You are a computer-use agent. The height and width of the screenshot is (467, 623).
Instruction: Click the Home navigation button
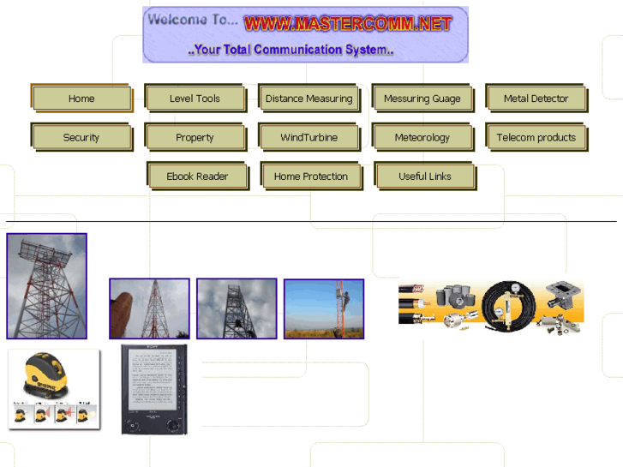click(81, 99)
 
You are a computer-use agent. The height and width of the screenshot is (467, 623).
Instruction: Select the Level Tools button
click(195, 99)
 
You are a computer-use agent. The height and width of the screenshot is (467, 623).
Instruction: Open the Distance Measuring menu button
click(309, 99)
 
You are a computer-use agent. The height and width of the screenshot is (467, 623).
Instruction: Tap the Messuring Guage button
click(422, 99)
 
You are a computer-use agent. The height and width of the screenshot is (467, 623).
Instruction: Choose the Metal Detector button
click(536, 99)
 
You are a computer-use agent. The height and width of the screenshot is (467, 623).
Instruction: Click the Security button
click(81, 137)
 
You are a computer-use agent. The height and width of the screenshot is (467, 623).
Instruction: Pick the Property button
click(195, 137)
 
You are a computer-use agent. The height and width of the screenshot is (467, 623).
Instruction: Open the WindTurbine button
click(309, 137)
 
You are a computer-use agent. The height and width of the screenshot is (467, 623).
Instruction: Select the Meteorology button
click(422, 137)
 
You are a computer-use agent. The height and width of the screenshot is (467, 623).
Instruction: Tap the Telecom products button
click(536, 137)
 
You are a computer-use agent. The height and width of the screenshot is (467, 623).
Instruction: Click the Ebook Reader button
click(197, 177)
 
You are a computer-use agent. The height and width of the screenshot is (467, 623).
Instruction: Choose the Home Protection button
click(311, 177)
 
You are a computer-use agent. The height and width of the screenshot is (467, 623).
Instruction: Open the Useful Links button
click(424, 177)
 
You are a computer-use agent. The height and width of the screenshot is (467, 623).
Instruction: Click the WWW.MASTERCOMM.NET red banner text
click(347, 24)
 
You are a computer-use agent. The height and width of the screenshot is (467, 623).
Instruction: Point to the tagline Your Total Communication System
click(291, 50)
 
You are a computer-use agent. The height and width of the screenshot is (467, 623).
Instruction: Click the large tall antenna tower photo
click(46, 286)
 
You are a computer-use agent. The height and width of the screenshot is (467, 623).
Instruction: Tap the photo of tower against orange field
click(324, 308)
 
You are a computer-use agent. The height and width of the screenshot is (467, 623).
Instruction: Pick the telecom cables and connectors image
click(491, 305)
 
